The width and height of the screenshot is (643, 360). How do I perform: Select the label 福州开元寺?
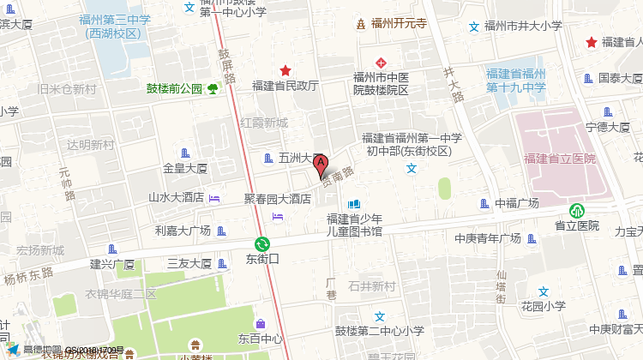pos(399,24)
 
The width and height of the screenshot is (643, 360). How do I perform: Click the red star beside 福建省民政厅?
pos(285,70)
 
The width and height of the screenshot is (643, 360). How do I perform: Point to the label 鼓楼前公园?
pos(174,88)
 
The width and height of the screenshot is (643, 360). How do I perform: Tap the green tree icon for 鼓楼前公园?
pos(212,88)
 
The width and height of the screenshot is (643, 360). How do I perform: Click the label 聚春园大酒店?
pos(277,198)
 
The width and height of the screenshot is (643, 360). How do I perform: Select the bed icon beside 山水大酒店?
pos(214,198)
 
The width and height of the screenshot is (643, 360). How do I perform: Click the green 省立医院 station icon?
pos(576,210)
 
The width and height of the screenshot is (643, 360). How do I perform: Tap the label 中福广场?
pos(517,203)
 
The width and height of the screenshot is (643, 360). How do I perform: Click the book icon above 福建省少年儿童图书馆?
pos(354,205)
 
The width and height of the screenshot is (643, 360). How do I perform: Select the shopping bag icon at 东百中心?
pos(260,322)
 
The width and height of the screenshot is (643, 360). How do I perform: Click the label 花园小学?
pos(543,305)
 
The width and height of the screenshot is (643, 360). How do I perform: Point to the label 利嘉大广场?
pos(183,231)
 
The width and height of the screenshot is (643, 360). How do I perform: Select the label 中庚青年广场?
pos(488,238)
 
